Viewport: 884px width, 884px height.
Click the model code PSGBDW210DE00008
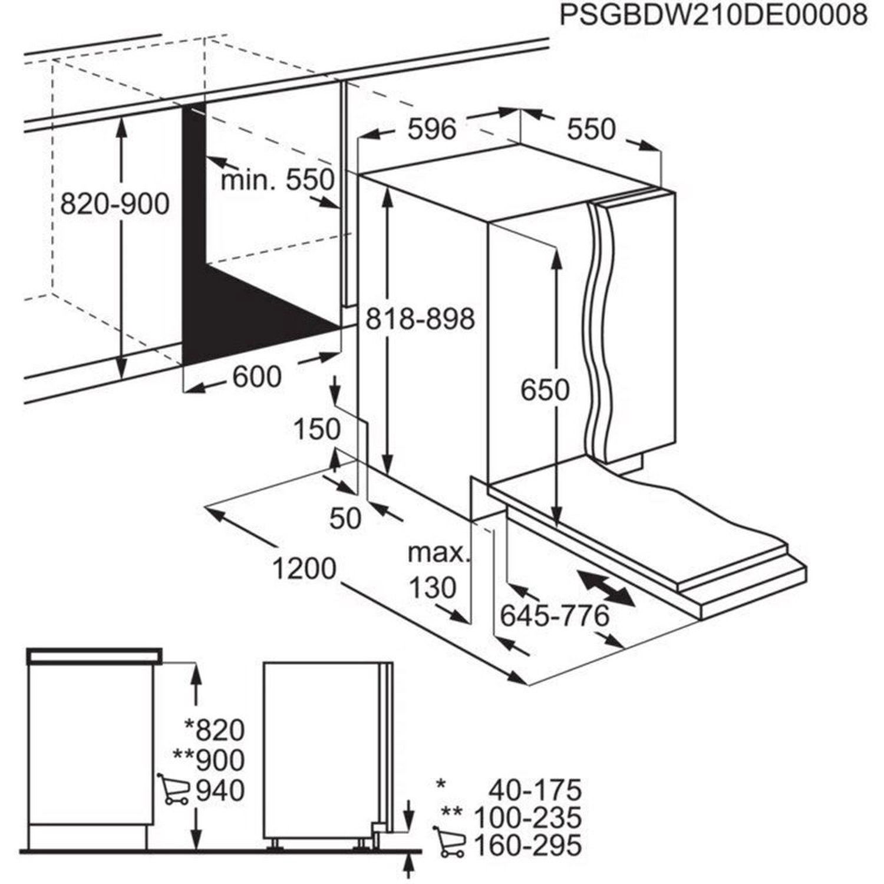pyautogui.click(x=713, y=16)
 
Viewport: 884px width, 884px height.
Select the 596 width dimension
pyautogui.click(x=433, y=129)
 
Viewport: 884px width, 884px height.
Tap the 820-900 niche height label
pyautogui.click(x=115, y=203)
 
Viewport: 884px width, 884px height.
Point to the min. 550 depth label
pyautogui.click(x=277, y=180)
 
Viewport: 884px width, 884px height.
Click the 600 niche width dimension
pyautogui.click(x=257, y=377)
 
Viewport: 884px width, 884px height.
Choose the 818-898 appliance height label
pyautogui.click(x=420, y=319)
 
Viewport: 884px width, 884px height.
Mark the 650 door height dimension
pyautogui.click(x=545, y=390)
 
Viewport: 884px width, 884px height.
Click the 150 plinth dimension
pyautogui.click(x=317, y=430)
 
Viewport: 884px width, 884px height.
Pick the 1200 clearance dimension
pyautogui.click(x=304, y=569)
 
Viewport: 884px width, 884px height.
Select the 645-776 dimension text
pyautogui.click(x=555, y=616)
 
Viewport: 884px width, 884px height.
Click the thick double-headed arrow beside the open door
pyautogui.click(x=606, y=588)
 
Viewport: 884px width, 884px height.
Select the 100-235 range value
pyautogui.click(x=527, y=817)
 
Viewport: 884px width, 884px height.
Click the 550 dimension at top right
pyautogui.click(x=591, y=129)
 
